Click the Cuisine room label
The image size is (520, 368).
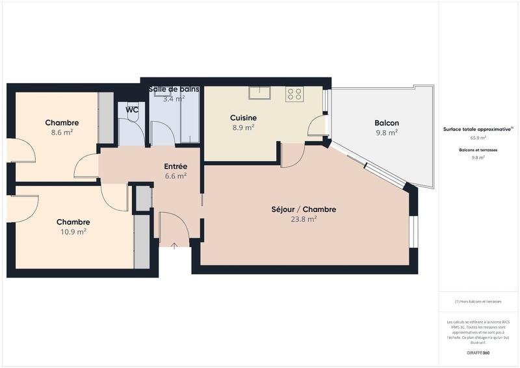click(243, 118)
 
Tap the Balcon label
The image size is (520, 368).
click(386, 123)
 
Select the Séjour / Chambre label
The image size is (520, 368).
click(304, 209)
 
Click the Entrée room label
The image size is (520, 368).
click(175, 166)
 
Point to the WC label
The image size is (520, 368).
click(132, 110)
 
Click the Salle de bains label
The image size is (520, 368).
click(174, 89)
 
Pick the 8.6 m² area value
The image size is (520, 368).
click(62, 133)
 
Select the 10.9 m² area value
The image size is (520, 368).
click(73, 231)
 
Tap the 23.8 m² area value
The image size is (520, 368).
click(304, 220)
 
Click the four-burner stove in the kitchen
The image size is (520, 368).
click(294, 94)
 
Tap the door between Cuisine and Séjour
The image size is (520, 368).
click(292, 155)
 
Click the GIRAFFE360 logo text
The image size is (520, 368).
click(478, 352)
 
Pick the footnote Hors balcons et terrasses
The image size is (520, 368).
click(478, 302)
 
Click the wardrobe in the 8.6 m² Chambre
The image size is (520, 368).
click(105, 118)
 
